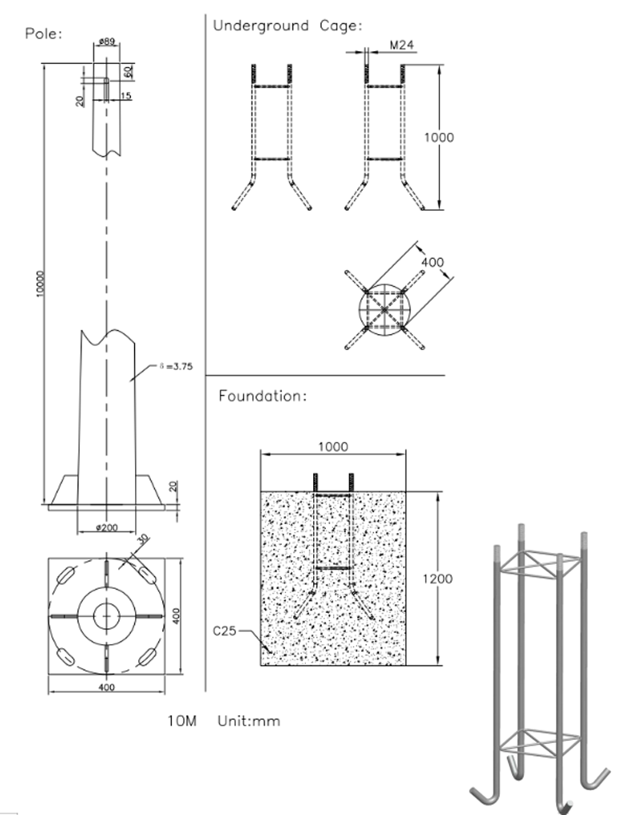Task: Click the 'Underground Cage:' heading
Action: (287, 26)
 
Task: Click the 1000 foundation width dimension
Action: (332, 447)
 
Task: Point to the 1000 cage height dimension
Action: (439, 137)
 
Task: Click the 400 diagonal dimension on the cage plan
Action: (432, 263)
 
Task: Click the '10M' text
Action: (183, 721)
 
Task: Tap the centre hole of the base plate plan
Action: (106, 615)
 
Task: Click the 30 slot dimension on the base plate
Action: (141, 540)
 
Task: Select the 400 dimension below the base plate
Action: (106, 686)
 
